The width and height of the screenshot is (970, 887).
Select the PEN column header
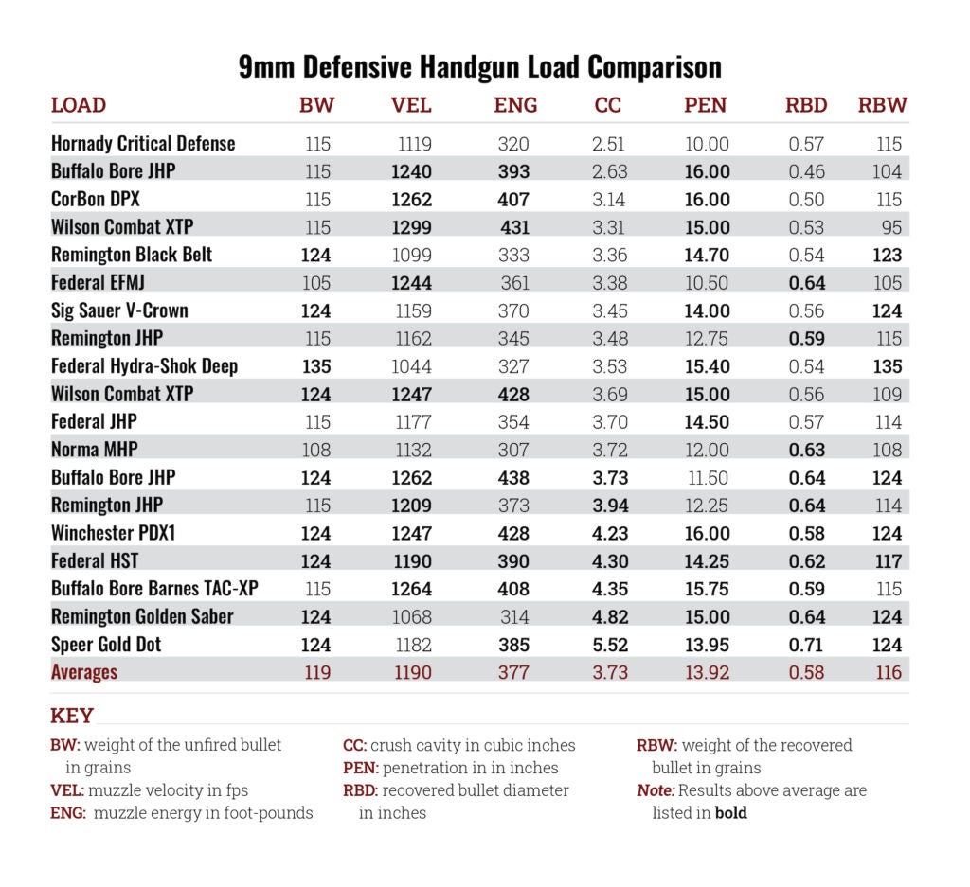[706, 105]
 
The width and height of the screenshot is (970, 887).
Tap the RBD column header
[806, 105]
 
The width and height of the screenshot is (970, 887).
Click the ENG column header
[515, 105]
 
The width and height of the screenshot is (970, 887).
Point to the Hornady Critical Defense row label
[143, 144]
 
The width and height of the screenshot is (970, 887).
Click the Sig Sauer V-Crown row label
[119, 310]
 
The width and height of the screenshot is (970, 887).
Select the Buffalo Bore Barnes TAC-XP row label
[154, 589]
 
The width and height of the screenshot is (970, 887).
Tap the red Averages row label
[84, 672]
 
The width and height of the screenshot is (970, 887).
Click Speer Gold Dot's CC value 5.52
[608, 645]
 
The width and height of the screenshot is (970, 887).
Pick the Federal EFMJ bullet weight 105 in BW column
[317, 283]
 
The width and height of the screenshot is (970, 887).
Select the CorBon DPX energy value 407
[513, 200]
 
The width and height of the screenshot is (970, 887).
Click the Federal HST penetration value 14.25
[707, 561]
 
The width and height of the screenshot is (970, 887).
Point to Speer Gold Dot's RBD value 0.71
[807, 645]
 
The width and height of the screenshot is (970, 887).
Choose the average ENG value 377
[513, 672]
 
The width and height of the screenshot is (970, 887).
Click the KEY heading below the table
[72, 716]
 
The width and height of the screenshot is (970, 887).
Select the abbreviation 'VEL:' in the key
[70, 790]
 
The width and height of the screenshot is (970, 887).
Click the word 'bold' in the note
[730, 813]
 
